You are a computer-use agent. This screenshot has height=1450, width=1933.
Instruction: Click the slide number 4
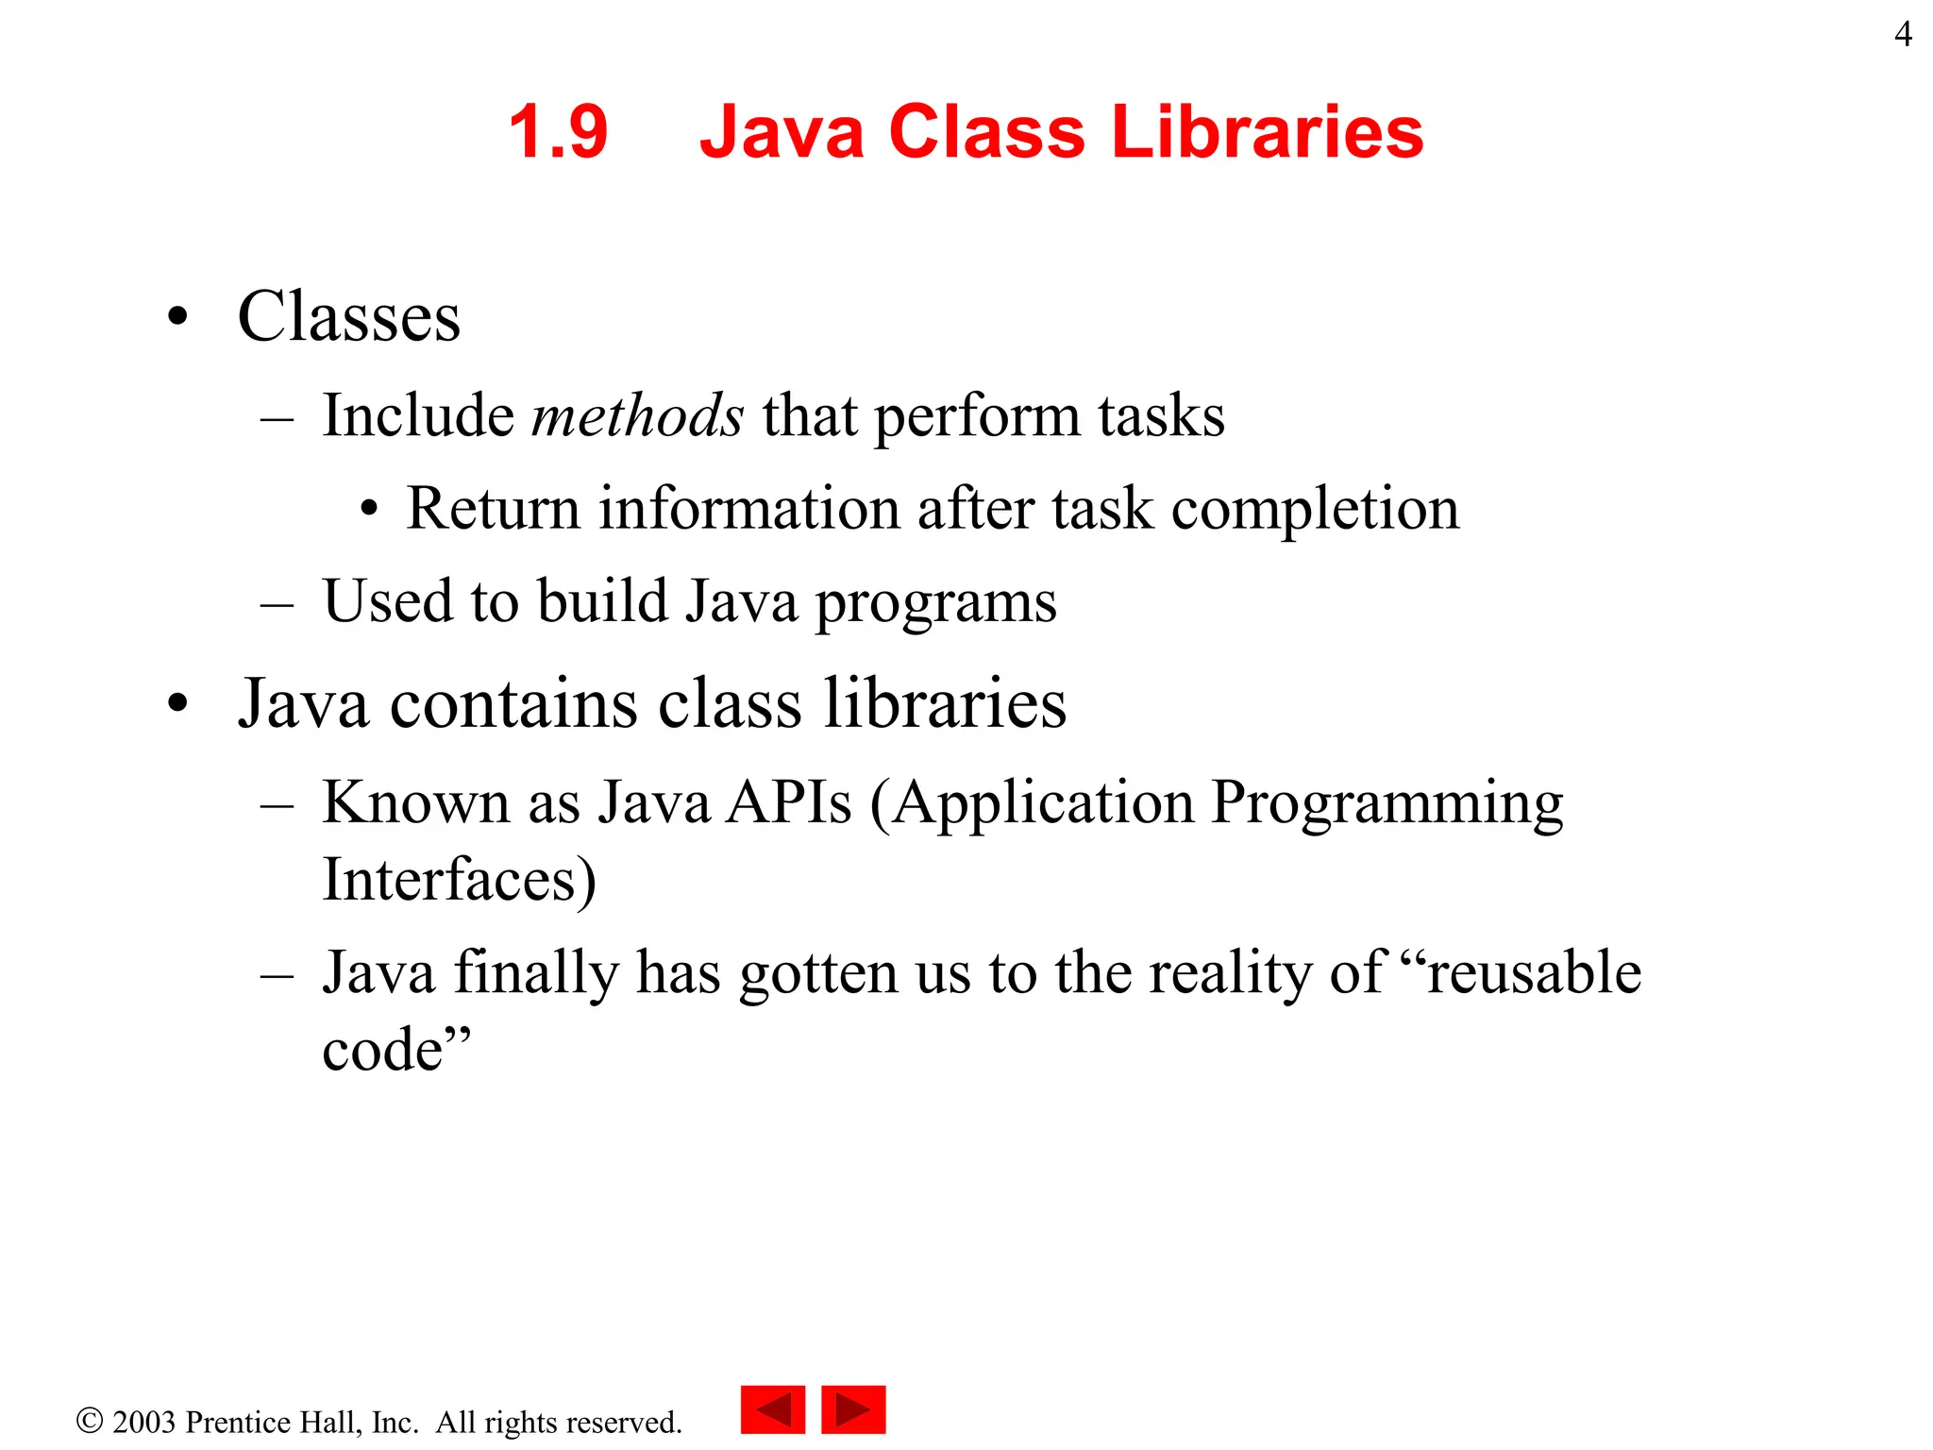pyautogui.click(x=1903, y=35)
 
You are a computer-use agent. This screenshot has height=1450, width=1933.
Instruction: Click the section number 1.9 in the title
pyautogui.click(x=558, y=132)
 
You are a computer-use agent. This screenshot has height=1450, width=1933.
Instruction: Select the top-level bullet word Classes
pyautogui.click(x=348, y=316)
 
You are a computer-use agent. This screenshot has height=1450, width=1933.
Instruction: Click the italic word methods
pyautogui.click(x=637, y=415)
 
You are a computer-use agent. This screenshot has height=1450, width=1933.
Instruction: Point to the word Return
pyautogui.click(x=493, y=509)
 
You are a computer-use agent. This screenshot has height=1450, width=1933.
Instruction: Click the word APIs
pyautogui.click(x=789, y=803)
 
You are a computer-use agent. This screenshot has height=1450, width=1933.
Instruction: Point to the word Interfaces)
pyautogui.click(x=459, y=880)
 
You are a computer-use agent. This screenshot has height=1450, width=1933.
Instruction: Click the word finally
pyautogui.click(x=535, y=973)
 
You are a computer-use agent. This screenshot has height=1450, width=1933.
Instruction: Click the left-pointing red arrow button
pyautogui.click(x=773, y=1409)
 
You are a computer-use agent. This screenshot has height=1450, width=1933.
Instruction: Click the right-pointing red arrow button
pyautogui.click(x=853, y=1409)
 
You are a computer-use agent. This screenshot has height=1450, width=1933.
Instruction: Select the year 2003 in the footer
pyautogui.click(x=143, y=1422)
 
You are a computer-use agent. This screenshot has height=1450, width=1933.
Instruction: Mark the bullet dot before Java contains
pyautogui.click(x=177, y=704)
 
